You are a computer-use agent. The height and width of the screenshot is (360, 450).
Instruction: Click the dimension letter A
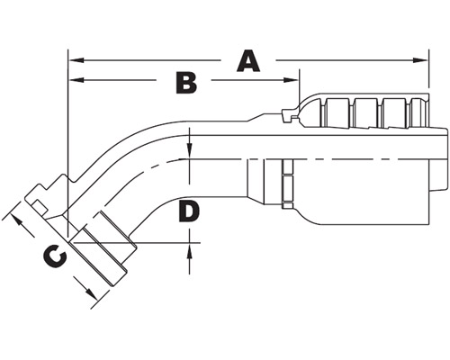coord(248,61)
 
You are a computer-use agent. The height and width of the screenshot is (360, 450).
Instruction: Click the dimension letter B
coord(186,82)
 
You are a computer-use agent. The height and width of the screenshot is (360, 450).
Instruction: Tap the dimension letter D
coord(189,211)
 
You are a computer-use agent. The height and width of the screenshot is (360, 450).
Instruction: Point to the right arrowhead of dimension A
coord(420,60)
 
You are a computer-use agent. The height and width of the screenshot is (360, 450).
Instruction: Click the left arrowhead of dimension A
coord(76,60)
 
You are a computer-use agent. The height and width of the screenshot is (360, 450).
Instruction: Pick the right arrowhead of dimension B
coord(292,80)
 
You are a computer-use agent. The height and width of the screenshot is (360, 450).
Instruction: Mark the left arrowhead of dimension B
coord(76,80)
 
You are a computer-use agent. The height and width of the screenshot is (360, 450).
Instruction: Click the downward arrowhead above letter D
coord(190,150)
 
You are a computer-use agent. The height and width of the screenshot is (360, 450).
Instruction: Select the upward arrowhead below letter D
coord(189,251)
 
